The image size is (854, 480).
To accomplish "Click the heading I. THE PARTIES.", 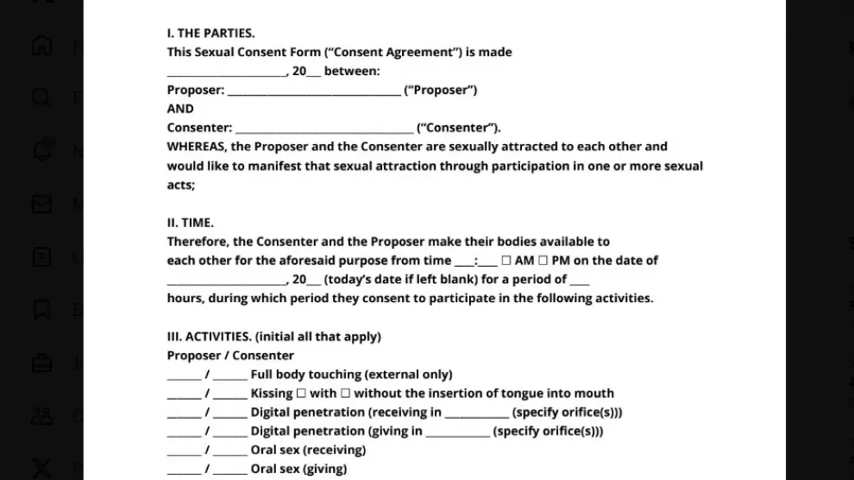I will [x=210, y=33].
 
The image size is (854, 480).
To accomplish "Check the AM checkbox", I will [x=506, y=261].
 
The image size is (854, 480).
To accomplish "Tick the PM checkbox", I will [x=543, y=261].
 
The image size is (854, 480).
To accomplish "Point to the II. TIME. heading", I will [x=191, y=223].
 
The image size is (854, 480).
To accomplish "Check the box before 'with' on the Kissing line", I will [x=301, y=394].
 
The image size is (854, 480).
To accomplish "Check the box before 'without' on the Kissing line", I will [x=345, y=394].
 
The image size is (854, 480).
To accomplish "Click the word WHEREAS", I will [x=197, y=147].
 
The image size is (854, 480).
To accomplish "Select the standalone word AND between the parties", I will [x=180, y=109].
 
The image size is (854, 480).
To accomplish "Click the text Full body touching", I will [x=305, y=375].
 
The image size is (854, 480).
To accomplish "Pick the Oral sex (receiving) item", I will [x=308, y=450].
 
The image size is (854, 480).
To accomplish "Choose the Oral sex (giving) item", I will [x=298, y=469].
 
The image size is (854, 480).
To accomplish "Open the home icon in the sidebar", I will [x=41, y=44].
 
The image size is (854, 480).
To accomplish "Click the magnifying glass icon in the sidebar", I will [x=41, y=97].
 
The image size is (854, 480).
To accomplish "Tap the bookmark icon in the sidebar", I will [x=41, y=309].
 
